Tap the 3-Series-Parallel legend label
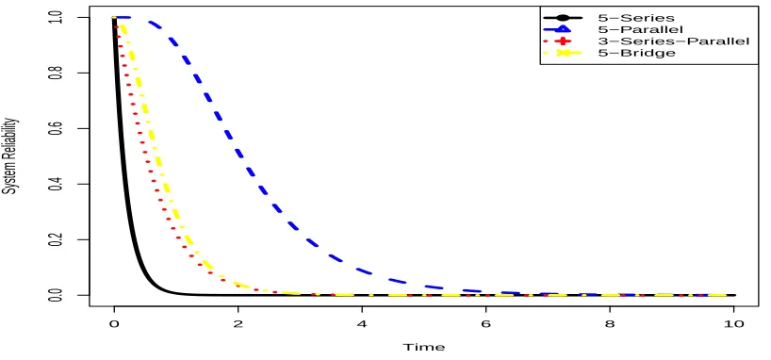tap(674, 41)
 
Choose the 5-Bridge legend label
tap(637, 53)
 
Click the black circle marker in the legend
tap(562, 18)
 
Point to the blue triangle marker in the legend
tap(562, 29)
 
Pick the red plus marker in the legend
tap(562, 41)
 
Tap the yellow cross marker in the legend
tap(562, 53)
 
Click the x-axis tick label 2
tap(238, 324)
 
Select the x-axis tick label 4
tap(362, 324)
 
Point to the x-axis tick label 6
tap(485, 324)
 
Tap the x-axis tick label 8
tap(610, 324)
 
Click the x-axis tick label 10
tap(733, 324)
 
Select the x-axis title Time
tap(424, 347)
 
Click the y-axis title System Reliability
tap(10, 156)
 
